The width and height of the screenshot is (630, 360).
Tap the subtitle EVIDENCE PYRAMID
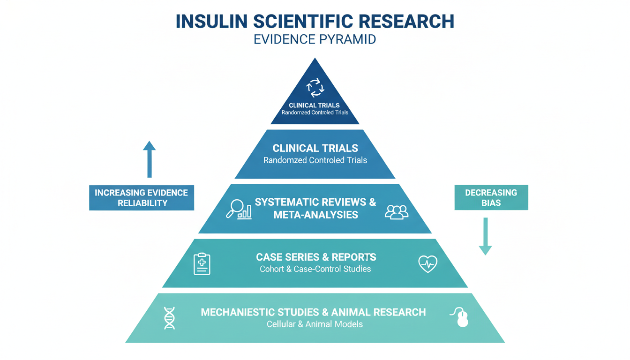315,39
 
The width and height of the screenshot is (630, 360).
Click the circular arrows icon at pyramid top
315,87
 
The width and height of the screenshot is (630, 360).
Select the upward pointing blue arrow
149,159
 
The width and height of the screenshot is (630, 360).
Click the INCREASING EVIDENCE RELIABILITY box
141,198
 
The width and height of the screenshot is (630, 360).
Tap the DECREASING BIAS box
491,198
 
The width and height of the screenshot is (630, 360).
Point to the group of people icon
396,212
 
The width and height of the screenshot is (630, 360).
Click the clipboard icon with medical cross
202,263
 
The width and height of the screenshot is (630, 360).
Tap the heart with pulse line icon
427,263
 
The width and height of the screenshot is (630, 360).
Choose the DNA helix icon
169,318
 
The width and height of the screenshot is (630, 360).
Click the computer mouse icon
461,317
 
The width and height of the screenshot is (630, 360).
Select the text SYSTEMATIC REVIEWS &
315,202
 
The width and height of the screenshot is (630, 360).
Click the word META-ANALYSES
315,215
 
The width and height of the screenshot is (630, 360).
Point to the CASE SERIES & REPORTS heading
315,257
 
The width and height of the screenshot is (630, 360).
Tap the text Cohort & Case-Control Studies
315,269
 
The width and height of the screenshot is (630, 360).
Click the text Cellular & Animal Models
315,324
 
